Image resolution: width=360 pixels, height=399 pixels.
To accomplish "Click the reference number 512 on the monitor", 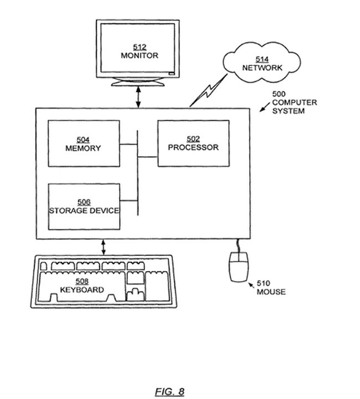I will tap(140, 47).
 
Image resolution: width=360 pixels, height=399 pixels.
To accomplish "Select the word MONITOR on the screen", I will tap(140, 55).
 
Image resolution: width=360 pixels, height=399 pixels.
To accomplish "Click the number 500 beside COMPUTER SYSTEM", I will tap(279, 94).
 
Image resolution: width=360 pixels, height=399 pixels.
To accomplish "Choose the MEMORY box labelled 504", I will tap(83, 144).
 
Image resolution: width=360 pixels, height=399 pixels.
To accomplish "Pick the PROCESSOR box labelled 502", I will tap(193, 144).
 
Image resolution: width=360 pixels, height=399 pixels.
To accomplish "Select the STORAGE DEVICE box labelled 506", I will tap(84, 206).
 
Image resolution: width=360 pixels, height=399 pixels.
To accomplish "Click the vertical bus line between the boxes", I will tap(137, 172).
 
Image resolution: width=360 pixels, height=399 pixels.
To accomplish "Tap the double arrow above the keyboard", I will tap(104, 247).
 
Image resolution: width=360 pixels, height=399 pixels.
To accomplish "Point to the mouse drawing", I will tap(238, 266).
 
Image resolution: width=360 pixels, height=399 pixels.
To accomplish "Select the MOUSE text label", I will tap(271, 292).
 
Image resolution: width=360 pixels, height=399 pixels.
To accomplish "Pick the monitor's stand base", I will tap(138, 84).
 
